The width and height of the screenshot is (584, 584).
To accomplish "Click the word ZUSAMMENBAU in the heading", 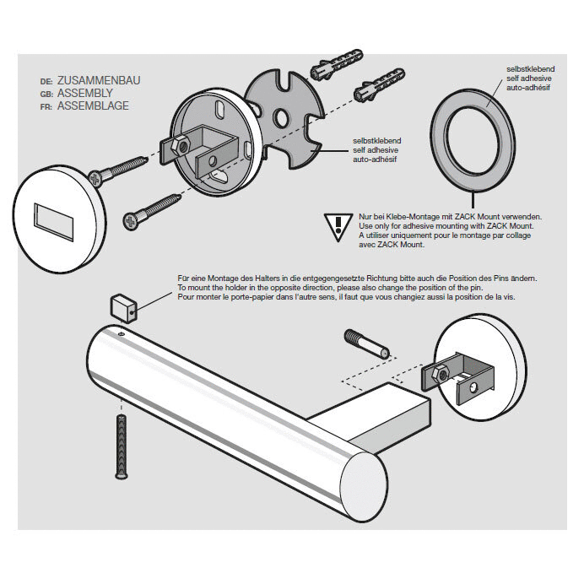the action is pos(99,80).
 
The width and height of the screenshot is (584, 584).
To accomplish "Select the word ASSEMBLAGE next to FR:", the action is pos(93,105).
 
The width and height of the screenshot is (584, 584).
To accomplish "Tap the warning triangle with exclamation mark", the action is pos(338,227).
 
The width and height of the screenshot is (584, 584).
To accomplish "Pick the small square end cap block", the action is pos(124,308).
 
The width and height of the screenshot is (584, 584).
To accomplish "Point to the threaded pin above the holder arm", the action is pos(367,343).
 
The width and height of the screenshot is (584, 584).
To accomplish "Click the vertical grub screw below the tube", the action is pos(122,447).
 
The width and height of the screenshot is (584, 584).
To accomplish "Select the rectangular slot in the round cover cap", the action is pos(54,221).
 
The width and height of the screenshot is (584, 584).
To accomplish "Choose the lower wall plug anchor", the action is pos(379,85).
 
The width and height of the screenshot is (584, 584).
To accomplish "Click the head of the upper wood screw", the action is pos(96,179).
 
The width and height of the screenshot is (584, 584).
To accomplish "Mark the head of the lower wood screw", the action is pos(131,221).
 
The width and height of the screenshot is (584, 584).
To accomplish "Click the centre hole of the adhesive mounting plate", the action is pos(281,117).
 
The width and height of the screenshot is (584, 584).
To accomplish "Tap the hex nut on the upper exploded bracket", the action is pos(180,146).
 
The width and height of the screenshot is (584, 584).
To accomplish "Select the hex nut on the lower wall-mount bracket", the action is pos(441,375).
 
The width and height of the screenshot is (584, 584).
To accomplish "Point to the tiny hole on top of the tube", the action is pos(121,334).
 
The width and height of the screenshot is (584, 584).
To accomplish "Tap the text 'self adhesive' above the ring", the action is pos(529,78).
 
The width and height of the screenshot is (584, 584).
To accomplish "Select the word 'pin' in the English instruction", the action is pos(476,288).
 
